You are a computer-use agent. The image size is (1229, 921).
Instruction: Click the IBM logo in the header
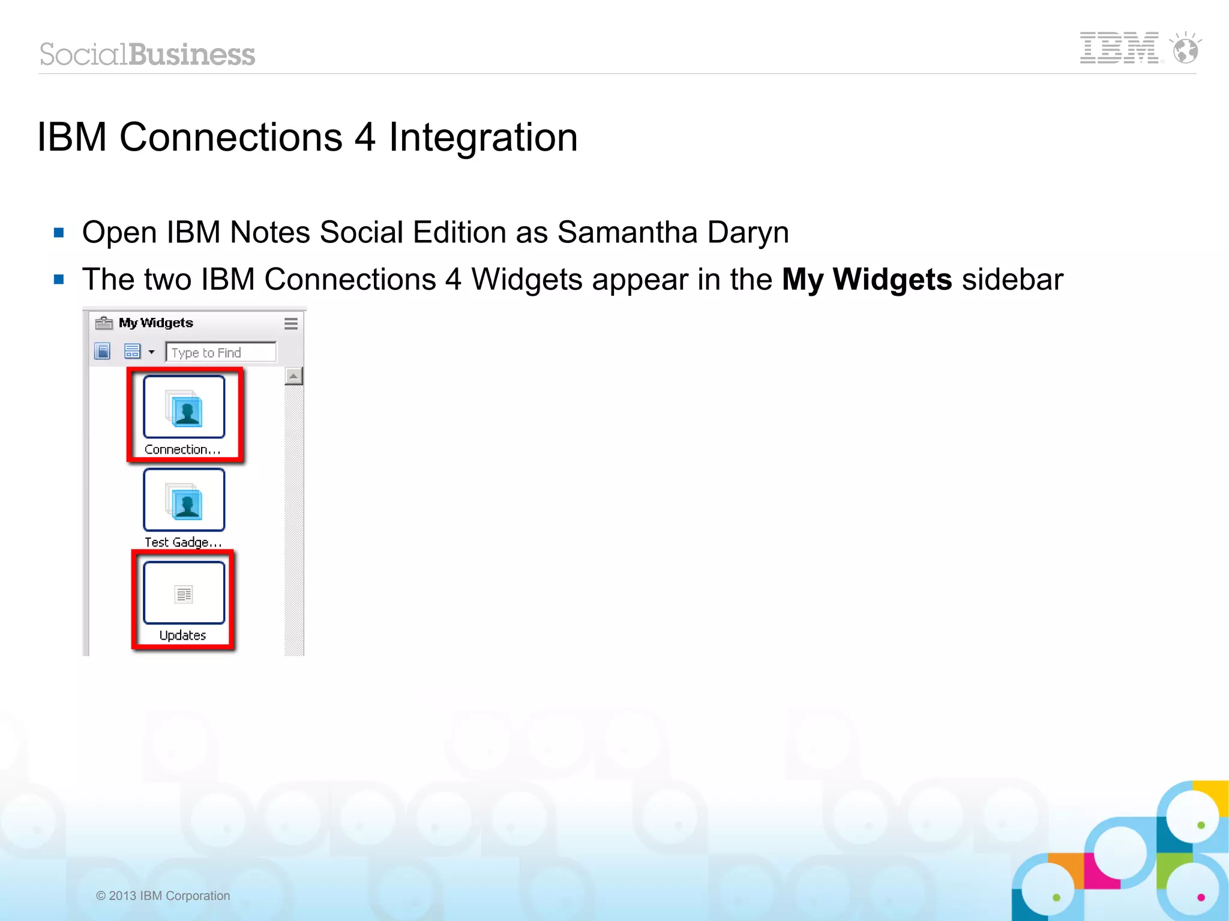click(1119, 48)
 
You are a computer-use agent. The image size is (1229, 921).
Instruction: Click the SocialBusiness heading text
click(148, 55)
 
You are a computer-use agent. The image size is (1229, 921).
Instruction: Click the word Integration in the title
click(483, 137)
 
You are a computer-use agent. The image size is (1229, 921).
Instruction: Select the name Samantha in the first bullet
click(627, 232)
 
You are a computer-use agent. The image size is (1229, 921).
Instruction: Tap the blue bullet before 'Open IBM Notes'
click(59, 232)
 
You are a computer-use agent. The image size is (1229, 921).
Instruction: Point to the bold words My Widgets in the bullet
click(867, 280)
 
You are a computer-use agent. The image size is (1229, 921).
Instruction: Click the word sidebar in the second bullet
click(1012, 280)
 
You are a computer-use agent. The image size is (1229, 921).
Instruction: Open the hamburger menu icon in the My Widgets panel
click(291, 323)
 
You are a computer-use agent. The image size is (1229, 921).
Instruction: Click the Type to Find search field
click(221, 352)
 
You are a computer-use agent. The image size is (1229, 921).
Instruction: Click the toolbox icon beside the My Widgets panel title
click(104, 323)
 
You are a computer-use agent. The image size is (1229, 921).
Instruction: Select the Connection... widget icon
click(184, 407)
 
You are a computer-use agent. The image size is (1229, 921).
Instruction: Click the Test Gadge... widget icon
click(184, 500)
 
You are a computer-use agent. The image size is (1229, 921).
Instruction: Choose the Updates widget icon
click(184, 593)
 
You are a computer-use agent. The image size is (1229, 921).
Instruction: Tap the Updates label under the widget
click(182, 635)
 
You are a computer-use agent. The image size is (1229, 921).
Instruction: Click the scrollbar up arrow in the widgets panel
click(293, 376)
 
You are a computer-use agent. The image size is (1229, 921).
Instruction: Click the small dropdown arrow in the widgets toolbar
click(152, 352)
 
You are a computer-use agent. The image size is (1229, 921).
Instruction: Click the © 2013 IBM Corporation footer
click(163, 896)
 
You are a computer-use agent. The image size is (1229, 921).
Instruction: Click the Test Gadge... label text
click(183, 542)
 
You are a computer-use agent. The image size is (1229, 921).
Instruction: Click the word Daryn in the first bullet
click(748, 232)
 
